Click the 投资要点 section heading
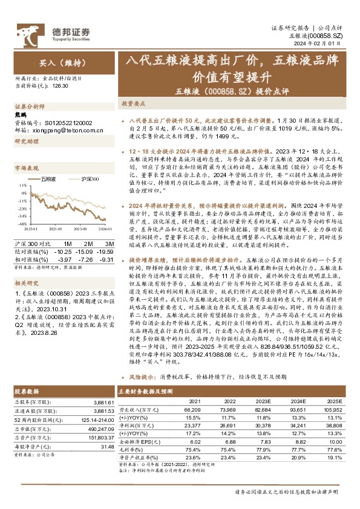135,103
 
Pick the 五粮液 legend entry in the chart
48,178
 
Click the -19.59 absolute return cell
105,250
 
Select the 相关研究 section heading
26,282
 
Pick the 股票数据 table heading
26,392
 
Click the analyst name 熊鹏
21,114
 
